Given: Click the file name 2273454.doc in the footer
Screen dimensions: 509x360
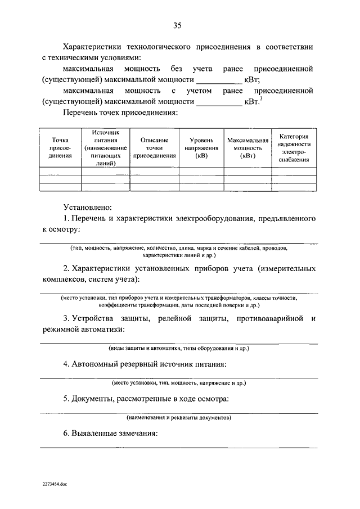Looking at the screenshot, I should (55, 484).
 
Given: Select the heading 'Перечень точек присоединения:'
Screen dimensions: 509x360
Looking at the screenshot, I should (120, 113).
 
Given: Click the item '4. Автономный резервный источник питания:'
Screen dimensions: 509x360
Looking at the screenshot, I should (145, 364).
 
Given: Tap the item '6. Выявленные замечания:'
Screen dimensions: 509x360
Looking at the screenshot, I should (110, 434).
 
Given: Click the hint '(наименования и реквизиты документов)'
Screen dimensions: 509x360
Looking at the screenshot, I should (179, 418).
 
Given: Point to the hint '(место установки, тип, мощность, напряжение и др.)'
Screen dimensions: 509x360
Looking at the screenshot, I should (179, 382).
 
